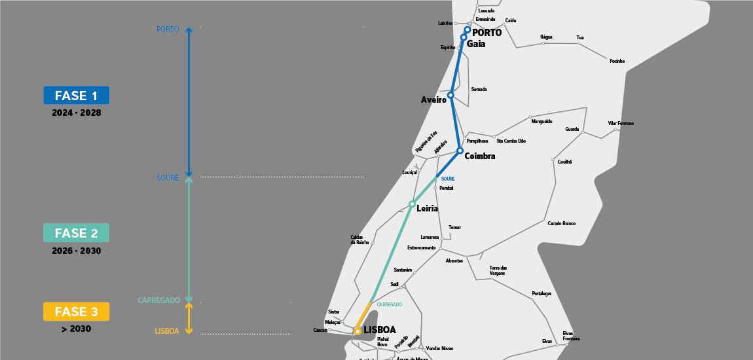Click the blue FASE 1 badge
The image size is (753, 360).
click(x=76, y=96)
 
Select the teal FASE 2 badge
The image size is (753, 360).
click(x=76, y=233)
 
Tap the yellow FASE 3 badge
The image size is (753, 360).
click(x=76, y=312)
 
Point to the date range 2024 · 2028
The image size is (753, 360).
click(x=77, y=113)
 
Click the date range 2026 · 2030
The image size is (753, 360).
click(x=77, y=251)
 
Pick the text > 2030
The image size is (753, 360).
click(x=77, y=329)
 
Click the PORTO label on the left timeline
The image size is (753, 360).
click(x=168, y=29)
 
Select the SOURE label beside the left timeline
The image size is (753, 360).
click(x=168, y=178)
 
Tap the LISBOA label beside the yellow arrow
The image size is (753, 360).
click(x=167, y=331)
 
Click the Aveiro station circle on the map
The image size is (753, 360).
click(x=450, y=96)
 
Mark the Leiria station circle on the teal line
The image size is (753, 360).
click(x=412, y=204)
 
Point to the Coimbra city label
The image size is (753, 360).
click(x=479, y=156)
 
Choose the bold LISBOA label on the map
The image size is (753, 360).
click(x=380, y=330)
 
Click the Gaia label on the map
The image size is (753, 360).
click(x=476, y=43)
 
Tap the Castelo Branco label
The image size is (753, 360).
click(x=561, y=224)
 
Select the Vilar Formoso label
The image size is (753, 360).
click(x=621, y=123)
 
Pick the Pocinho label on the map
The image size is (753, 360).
click(x=617, y=62)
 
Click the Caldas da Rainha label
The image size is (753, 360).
click(x=360, y=240)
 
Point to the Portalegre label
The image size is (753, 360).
click(x=542, y=293)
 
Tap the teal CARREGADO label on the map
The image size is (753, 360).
click(x=389, y=304)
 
